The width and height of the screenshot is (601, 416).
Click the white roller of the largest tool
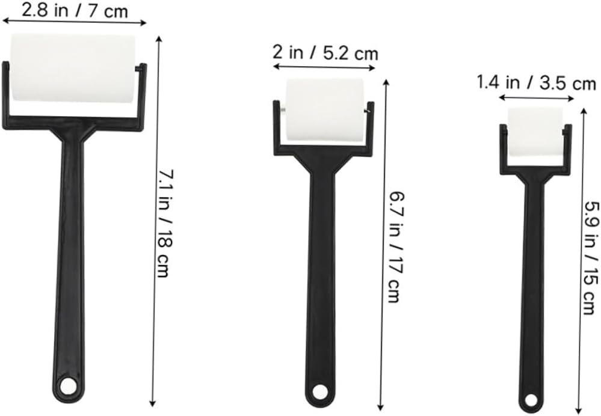point(73,67)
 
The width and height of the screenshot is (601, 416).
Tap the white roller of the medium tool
point(324,110)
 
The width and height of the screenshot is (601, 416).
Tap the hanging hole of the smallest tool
point(531,399)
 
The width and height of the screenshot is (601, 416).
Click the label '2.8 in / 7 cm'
point(75,10)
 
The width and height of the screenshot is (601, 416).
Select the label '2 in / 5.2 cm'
point(325,52)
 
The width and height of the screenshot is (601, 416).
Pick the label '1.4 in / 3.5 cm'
point(536,82)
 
